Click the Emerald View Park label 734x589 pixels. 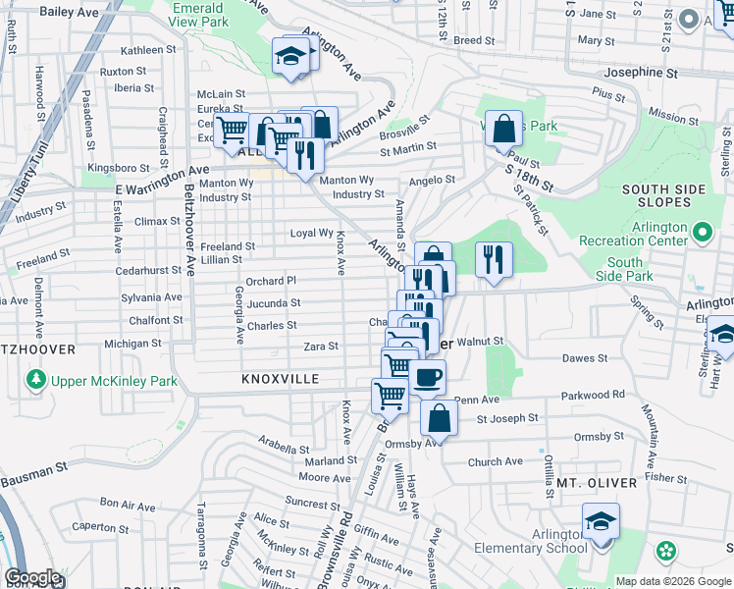[198, 14]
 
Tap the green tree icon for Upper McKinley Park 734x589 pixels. [36, 379]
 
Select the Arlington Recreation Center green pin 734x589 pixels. [702, 233]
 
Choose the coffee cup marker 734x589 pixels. [427, 377]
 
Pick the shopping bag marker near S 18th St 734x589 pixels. [503, 128]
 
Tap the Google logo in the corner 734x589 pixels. [32, 577]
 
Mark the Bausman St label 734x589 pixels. [34, 475]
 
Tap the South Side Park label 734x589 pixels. [624, 270]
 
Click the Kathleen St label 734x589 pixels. [146, 50]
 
